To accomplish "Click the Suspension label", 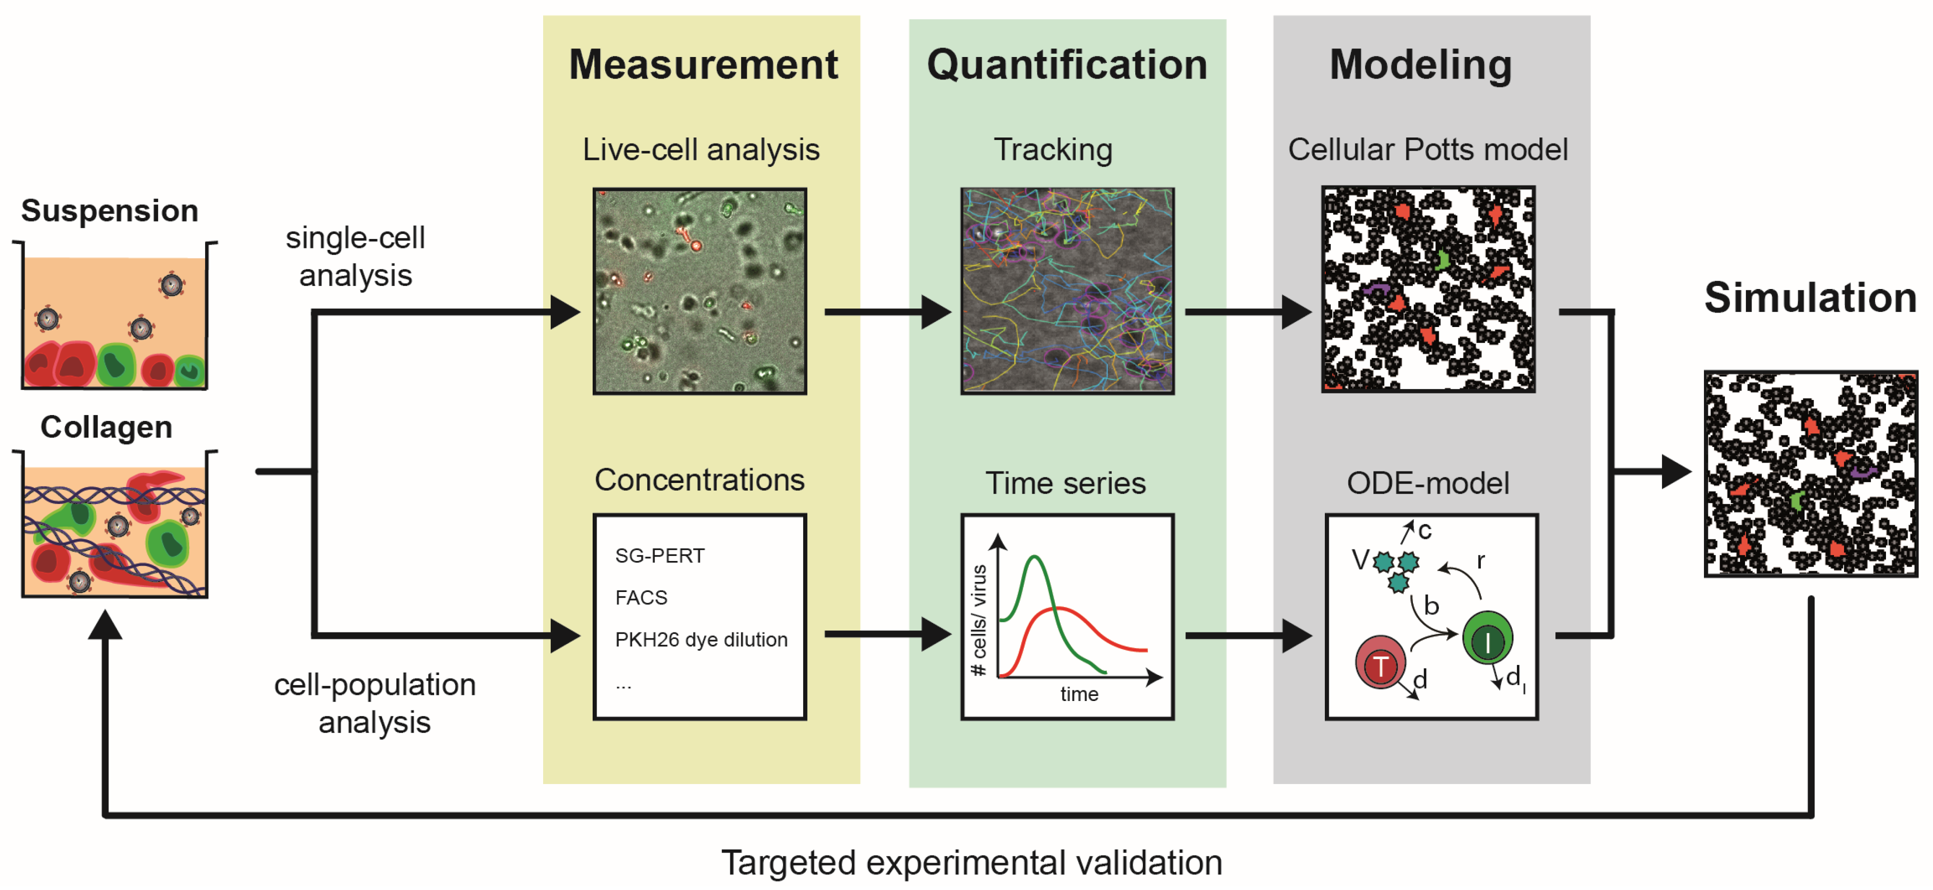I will click(x=110, y=211).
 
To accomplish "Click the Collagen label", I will click(x=107, y=427).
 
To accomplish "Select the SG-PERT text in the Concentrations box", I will click(x=660, y=556).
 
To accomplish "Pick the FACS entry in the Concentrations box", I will click(x=641, y=598).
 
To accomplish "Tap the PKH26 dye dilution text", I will click(x=701, y=639).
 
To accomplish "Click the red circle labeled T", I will click(x=1380, y=663).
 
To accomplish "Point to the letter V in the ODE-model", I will click(x=1359, y=560).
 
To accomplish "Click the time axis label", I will click(x=1079, y=694).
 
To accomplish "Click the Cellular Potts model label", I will click(x=1427, y=149).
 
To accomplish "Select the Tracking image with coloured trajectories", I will click(x=1067, y=290).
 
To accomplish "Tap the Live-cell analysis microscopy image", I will click(x=699, y=290).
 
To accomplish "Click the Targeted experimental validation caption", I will click(x=971, y=862).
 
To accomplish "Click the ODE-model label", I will click(x=1427, y=483).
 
